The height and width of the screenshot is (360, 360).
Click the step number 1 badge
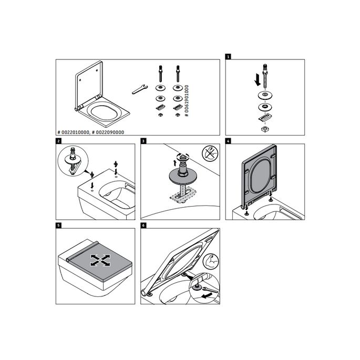click(228, 55)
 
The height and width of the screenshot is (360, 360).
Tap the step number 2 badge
click(59, 141)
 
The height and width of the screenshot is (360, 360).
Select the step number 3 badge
click(143, 141)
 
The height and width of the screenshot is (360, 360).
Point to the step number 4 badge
click(228, 141)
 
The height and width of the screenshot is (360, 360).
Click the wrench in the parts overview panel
click(138, 89)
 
